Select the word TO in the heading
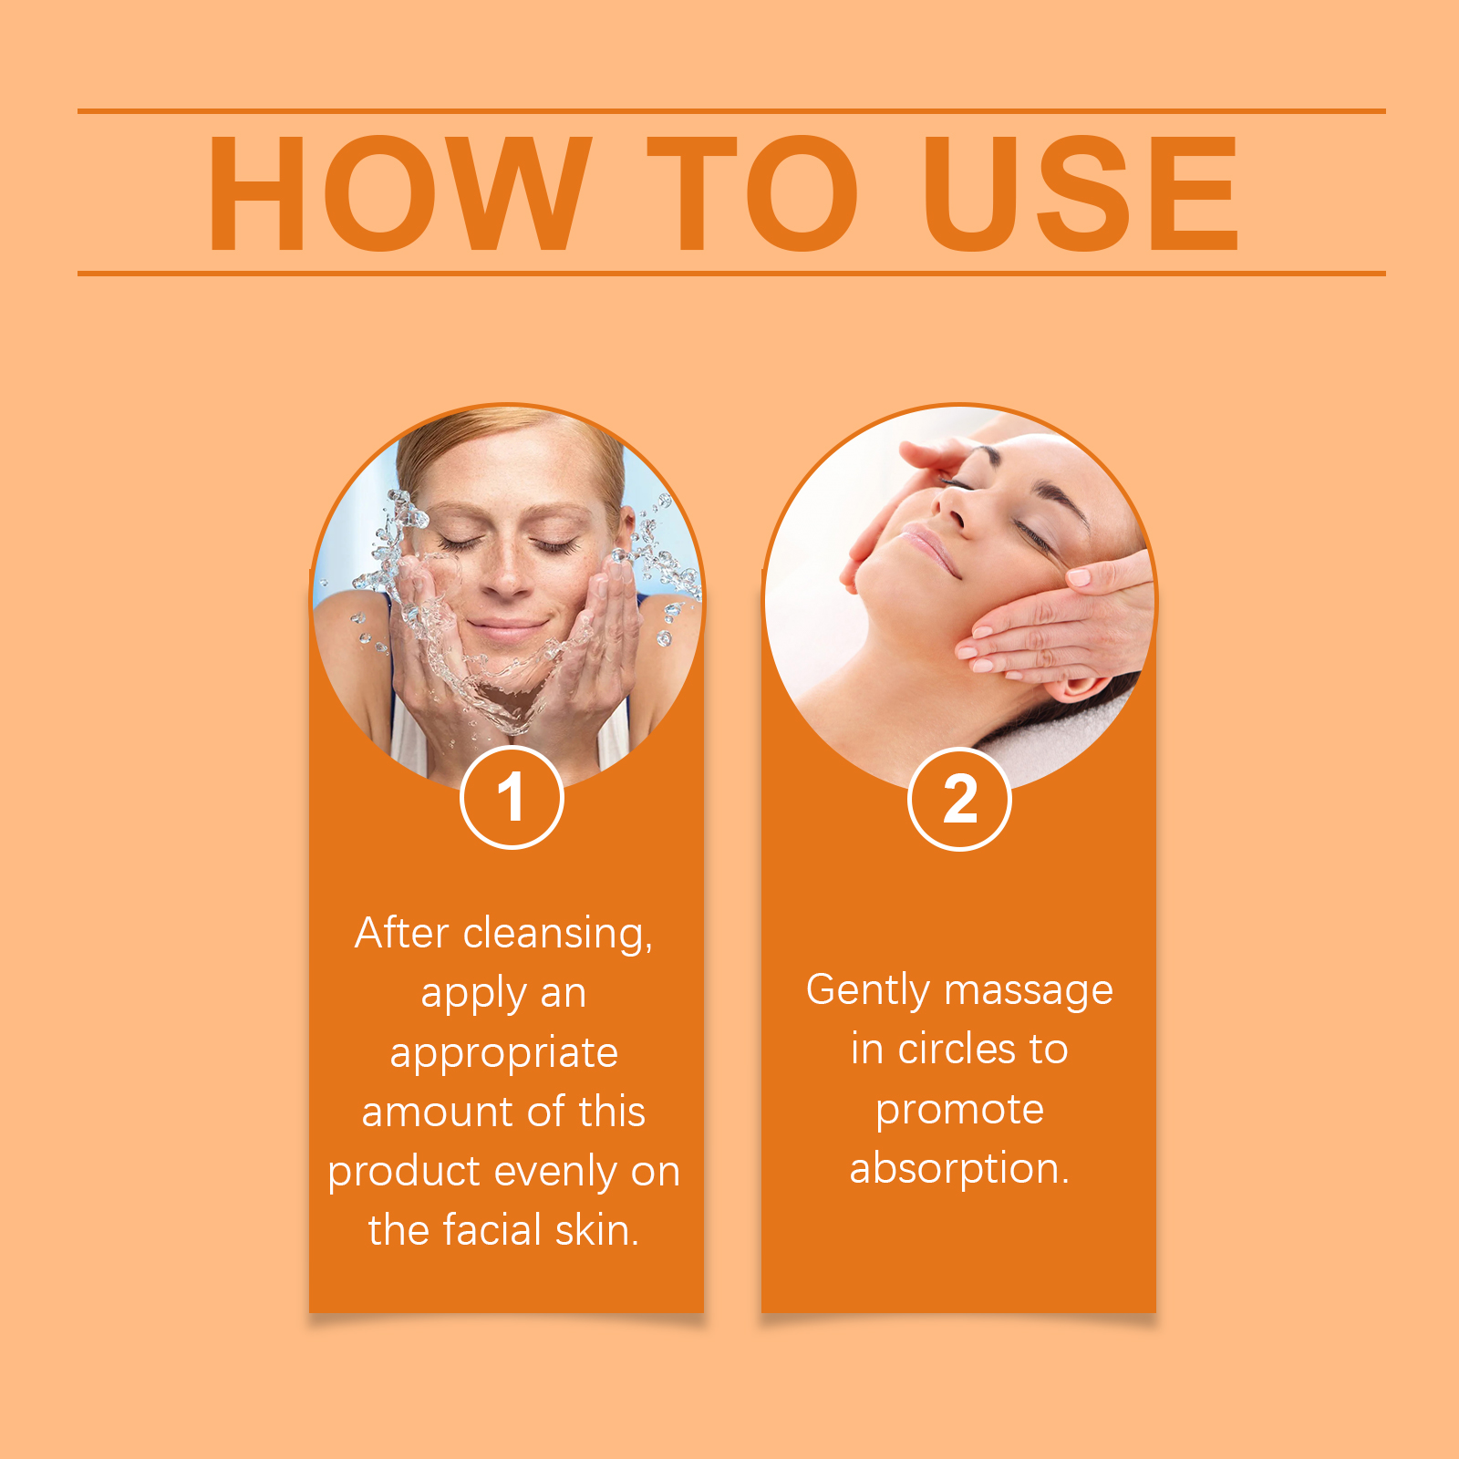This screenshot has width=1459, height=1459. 753,192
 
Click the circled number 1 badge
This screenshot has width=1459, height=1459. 512,798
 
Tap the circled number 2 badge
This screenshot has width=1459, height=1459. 959,799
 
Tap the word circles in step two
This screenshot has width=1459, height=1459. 957,1050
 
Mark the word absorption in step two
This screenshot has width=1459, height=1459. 959,1170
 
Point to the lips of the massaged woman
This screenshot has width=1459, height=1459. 926,546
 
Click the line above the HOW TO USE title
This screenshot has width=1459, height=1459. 731,111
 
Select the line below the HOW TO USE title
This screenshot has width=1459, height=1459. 731,273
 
